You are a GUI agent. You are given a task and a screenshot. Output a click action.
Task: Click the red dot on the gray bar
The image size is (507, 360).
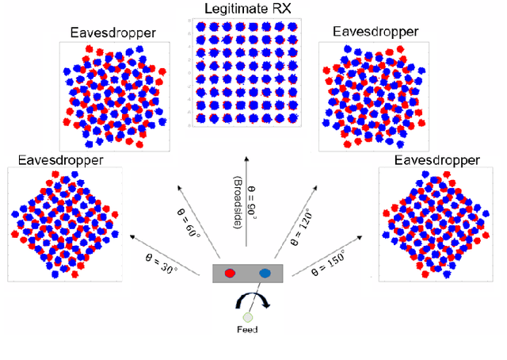coord(231,273)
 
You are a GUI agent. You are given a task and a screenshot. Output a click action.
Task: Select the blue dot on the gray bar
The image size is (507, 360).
coord(265,273)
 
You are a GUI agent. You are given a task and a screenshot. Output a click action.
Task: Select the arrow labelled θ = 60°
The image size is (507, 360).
coord(202,213)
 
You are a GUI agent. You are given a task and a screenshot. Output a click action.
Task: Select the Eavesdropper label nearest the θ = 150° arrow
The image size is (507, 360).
coord(437,160)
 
